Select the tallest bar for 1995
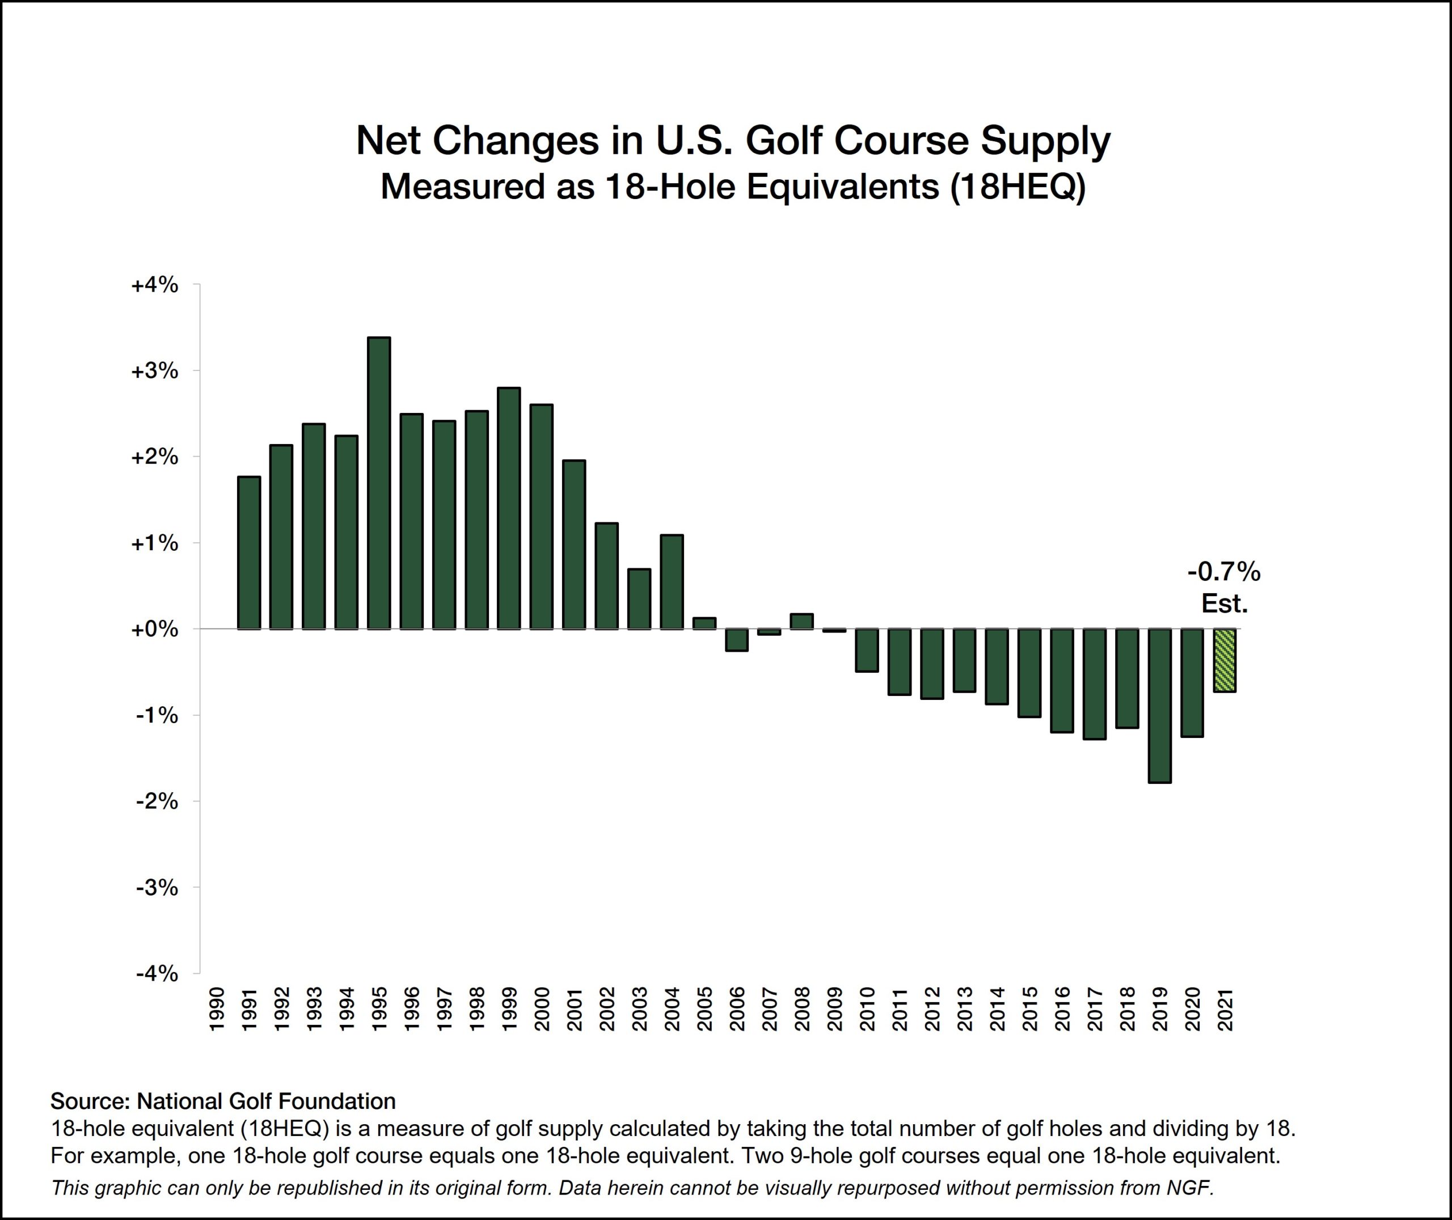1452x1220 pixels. [x=379, y=483]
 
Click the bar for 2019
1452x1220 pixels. [x=1159, y=706]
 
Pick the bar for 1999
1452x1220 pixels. [x=509, y=508]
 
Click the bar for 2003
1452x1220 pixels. [x=639, y=599]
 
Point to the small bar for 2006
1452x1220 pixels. [x=736, y=640]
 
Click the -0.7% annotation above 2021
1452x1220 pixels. [x=1224, y=572]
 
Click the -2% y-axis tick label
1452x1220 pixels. [x=157, y=801]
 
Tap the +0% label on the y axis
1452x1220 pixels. [x=154, y=630]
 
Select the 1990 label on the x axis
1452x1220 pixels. [x=217, y=1009]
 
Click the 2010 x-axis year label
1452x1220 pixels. [x=867, y=1009]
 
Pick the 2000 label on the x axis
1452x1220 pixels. [x=542, y=1009]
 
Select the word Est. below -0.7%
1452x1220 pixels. [x=1224, y=604]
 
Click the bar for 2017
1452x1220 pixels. [x=1095, y=684]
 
